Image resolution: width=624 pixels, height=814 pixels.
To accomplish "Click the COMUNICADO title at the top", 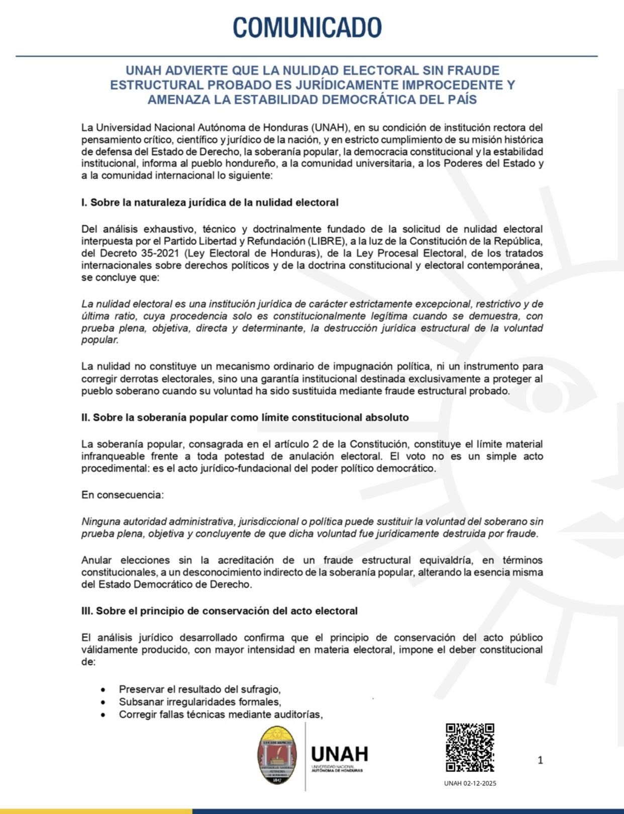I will pyautogui.click(x=307, y=27).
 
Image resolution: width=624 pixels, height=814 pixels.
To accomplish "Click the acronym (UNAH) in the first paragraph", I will pyautogui.click(x=329, y=127).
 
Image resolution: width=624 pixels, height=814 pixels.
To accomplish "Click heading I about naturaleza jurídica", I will pyautogui.click(x=210, y=203).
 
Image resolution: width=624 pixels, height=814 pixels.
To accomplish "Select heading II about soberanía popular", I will pyautogui.click(x=245, y=418).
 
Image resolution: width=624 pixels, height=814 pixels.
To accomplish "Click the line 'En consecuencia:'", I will pyautogui.click(x=123, y=495).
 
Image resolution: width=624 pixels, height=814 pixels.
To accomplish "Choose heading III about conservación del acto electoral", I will pyautogui.click(x=219, y=611).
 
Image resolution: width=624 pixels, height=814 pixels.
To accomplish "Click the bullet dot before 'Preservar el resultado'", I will pyautogui.click(x=103, y=690).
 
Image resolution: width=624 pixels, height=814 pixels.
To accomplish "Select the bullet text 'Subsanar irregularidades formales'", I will pyautogui.click(x=199, y=702).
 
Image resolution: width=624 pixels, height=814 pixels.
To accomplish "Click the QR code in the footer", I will pyautogui.click(x=470, y=748).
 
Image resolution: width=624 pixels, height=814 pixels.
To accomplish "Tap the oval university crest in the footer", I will pyautogui.click(x=277, y=755).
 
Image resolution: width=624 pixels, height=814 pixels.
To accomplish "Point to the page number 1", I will pyautogui.click(x=540, y=760).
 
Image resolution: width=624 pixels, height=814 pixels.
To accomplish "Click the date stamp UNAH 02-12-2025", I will pyautogui.click(x=470, y=783).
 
